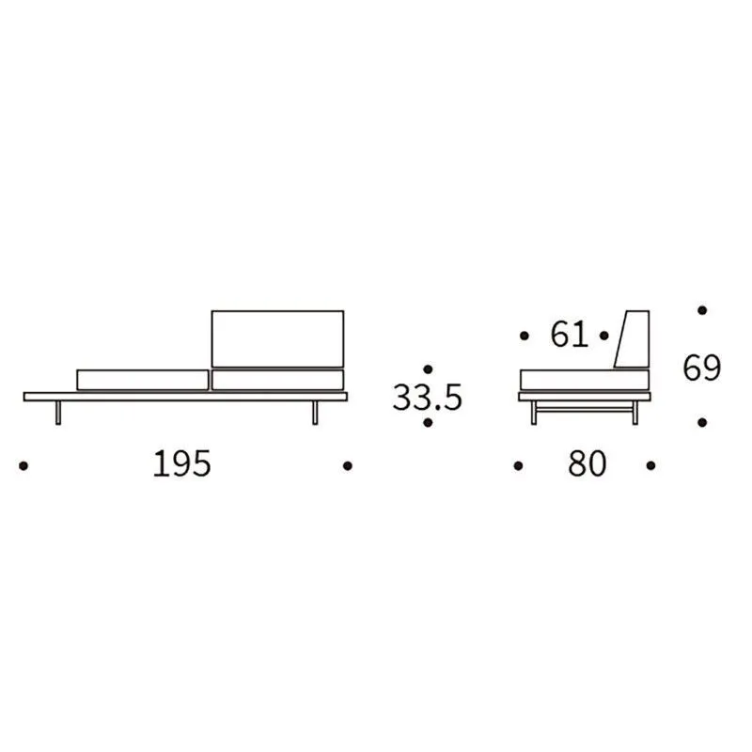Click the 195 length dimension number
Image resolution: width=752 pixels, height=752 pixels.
click(x=181, y=463)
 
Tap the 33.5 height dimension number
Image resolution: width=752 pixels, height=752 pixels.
click(x=427, y=397)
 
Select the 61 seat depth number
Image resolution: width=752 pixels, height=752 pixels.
click(x=570, y=335)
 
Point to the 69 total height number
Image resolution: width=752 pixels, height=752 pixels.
click(x=701, y=368)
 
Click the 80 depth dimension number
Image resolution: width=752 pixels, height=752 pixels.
click(x=587, y=463)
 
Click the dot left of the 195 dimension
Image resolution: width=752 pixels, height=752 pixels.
click(x=23, y=465)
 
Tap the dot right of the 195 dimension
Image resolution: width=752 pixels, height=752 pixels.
click(x=348, y=465)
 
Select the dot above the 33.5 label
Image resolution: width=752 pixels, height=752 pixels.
click(x=429, y=369)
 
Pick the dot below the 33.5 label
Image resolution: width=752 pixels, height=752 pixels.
click(x=429, y=423)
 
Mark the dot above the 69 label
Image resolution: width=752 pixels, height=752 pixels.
click(x=702, y=310)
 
